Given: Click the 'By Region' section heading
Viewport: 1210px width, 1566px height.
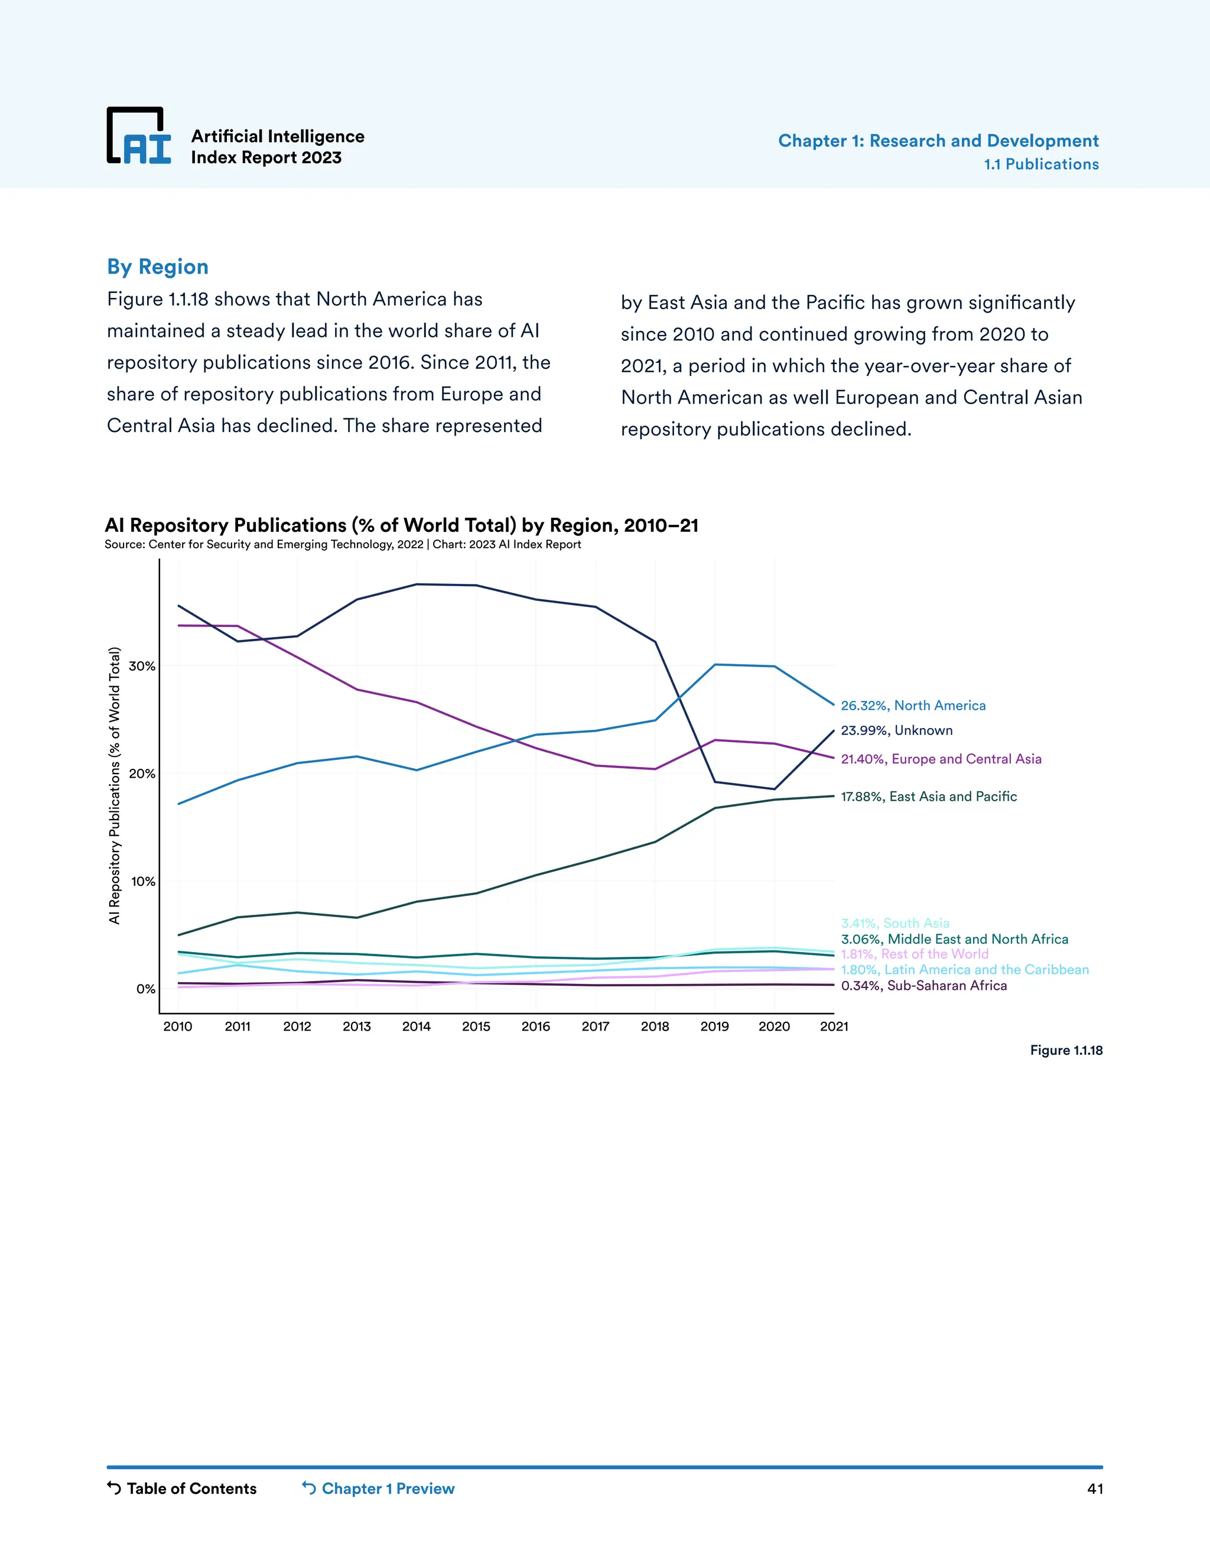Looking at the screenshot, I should pyautogui.click(x=158, y=267).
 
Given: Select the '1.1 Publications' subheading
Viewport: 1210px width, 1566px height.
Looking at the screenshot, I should pyautogui.click(x=1041, y=164).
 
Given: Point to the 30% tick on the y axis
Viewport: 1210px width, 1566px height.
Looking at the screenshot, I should pyautogui.click(x=142, y=666).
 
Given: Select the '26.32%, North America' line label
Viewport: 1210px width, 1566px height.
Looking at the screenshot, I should pyautogui.click(x=912, y=706).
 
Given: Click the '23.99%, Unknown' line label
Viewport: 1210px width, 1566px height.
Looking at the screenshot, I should pyautogui.click(x=896, y=730).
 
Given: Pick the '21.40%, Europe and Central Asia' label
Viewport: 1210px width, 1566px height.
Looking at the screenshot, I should pyautogui.click(x=941, y=759).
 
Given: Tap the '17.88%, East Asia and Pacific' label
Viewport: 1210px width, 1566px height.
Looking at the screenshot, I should pyautogui.click(x=928, y=797).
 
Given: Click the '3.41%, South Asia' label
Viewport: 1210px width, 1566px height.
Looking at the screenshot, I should pyautogui.click(x=895, y=923).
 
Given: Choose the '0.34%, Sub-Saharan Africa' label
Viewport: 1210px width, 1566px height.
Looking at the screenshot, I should pyautogui.click(x=923, y=986).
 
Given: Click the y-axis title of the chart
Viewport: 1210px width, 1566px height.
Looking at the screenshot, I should pyautogui.click(x=114, y=785).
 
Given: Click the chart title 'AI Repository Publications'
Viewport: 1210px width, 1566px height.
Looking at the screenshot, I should pyautogui.click(x=401, y=525).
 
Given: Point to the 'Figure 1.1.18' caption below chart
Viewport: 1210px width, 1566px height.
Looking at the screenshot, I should pyautogui.click(x=1066, y=1051).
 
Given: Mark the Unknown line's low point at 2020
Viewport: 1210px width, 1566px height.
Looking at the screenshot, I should pyautogui.click(x=774, y=790).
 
